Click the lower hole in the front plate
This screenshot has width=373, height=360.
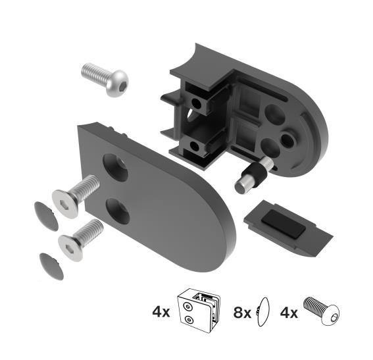coord(118,211)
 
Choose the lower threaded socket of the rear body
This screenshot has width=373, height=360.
coord(195,145)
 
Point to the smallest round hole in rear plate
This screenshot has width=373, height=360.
coord(289,140)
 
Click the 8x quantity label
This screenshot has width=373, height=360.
coord(243,312)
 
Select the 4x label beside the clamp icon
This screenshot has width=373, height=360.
coord(161,312)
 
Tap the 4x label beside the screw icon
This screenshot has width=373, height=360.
coord(290,312)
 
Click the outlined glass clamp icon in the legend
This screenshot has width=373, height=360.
coord(201,310)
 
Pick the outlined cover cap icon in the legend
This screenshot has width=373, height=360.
coord(263,311)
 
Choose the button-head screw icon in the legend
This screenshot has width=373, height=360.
coord(324,310)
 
